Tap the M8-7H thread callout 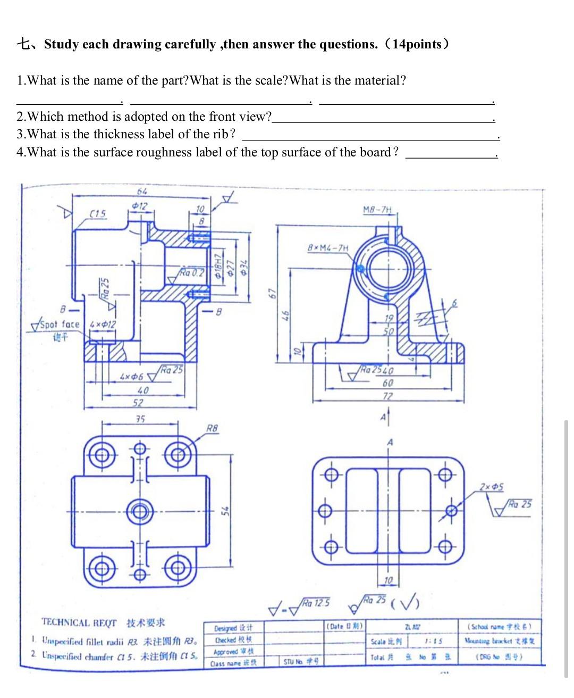(378, 210)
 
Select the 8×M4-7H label (328, 247)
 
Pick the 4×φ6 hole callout (132, 377)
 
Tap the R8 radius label (212, 428)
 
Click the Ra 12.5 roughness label (316, 603)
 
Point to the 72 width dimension (389, 396)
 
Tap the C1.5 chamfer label (97, 214)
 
